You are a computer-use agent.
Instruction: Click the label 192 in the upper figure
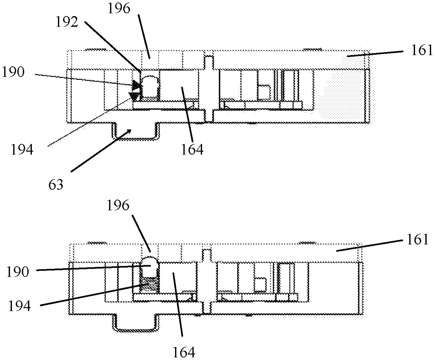pyautogui.click(x=67, y=22)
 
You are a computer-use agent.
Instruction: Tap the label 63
pyautogui.click(x=55, y=185)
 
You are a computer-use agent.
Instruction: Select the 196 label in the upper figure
pyautogui.click(x=119, y=8)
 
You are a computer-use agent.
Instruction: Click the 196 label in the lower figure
pyautogui.click(x=118, y=205)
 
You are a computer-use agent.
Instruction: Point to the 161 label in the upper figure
pyautogui.click(x=422, y=50)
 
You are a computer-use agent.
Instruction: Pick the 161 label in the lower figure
pyautogui.click(x=418, y=240)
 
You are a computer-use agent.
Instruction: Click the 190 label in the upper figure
pyautogui.click(x=13, y=72)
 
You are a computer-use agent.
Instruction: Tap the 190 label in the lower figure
pyautogui.click(x=18, y=272)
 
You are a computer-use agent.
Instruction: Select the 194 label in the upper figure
pyautogui.click(x=22, y=150)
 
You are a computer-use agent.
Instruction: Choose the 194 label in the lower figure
pyautogui.click(x=19, y=306)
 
